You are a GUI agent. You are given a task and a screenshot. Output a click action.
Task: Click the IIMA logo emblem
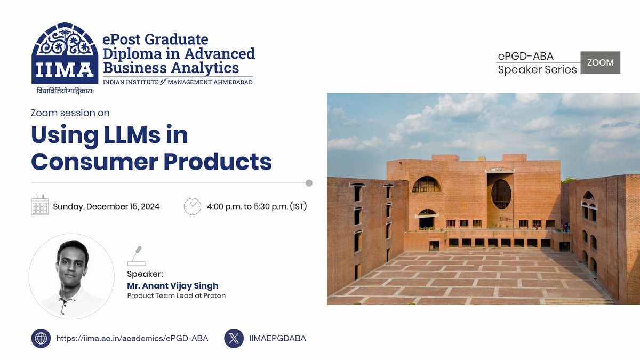click(x=65, y=53)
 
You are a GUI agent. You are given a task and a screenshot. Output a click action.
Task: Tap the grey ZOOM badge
click(x=600, y=62)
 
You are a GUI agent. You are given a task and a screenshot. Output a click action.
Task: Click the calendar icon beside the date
click(x=40, y=205)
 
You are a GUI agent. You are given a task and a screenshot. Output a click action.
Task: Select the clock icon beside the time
click(x=193, y=206)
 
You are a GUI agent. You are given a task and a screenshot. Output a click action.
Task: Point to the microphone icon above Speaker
click(x=137, y=256)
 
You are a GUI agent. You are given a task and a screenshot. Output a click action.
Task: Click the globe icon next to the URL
click(x=41, y=338)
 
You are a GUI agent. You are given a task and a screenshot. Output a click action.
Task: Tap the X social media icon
click(x=234, y=338)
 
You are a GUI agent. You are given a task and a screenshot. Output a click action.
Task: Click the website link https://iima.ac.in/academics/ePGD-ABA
click(x=132, y=338)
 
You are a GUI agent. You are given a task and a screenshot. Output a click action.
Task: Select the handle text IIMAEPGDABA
click(x=277, y=338)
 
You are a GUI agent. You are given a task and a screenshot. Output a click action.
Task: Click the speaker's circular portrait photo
click(x=71, y=276)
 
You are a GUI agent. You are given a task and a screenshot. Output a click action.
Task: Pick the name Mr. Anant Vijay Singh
click(x=172, y=285)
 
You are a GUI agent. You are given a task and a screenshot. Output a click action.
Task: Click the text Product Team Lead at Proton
click(x=176, y=295)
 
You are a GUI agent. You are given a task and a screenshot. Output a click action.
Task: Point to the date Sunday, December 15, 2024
click(x=106, y=207)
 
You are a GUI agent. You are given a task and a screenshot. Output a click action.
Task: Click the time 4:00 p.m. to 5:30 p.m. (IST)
click(x=257, y=207)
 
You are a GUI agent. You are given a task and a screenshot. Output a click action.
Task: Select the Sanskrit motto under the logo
click(x=65, y=91)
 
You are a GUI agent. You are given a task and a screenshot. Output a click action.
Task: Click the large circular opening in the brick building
click(x=501, y=194)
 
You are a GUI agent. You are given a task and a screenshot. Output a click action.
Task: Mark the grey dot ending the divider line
click(x=309, y=183)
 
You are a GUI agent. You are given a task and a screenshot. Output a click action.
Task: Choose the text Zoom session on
click(x=70, y=113)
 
